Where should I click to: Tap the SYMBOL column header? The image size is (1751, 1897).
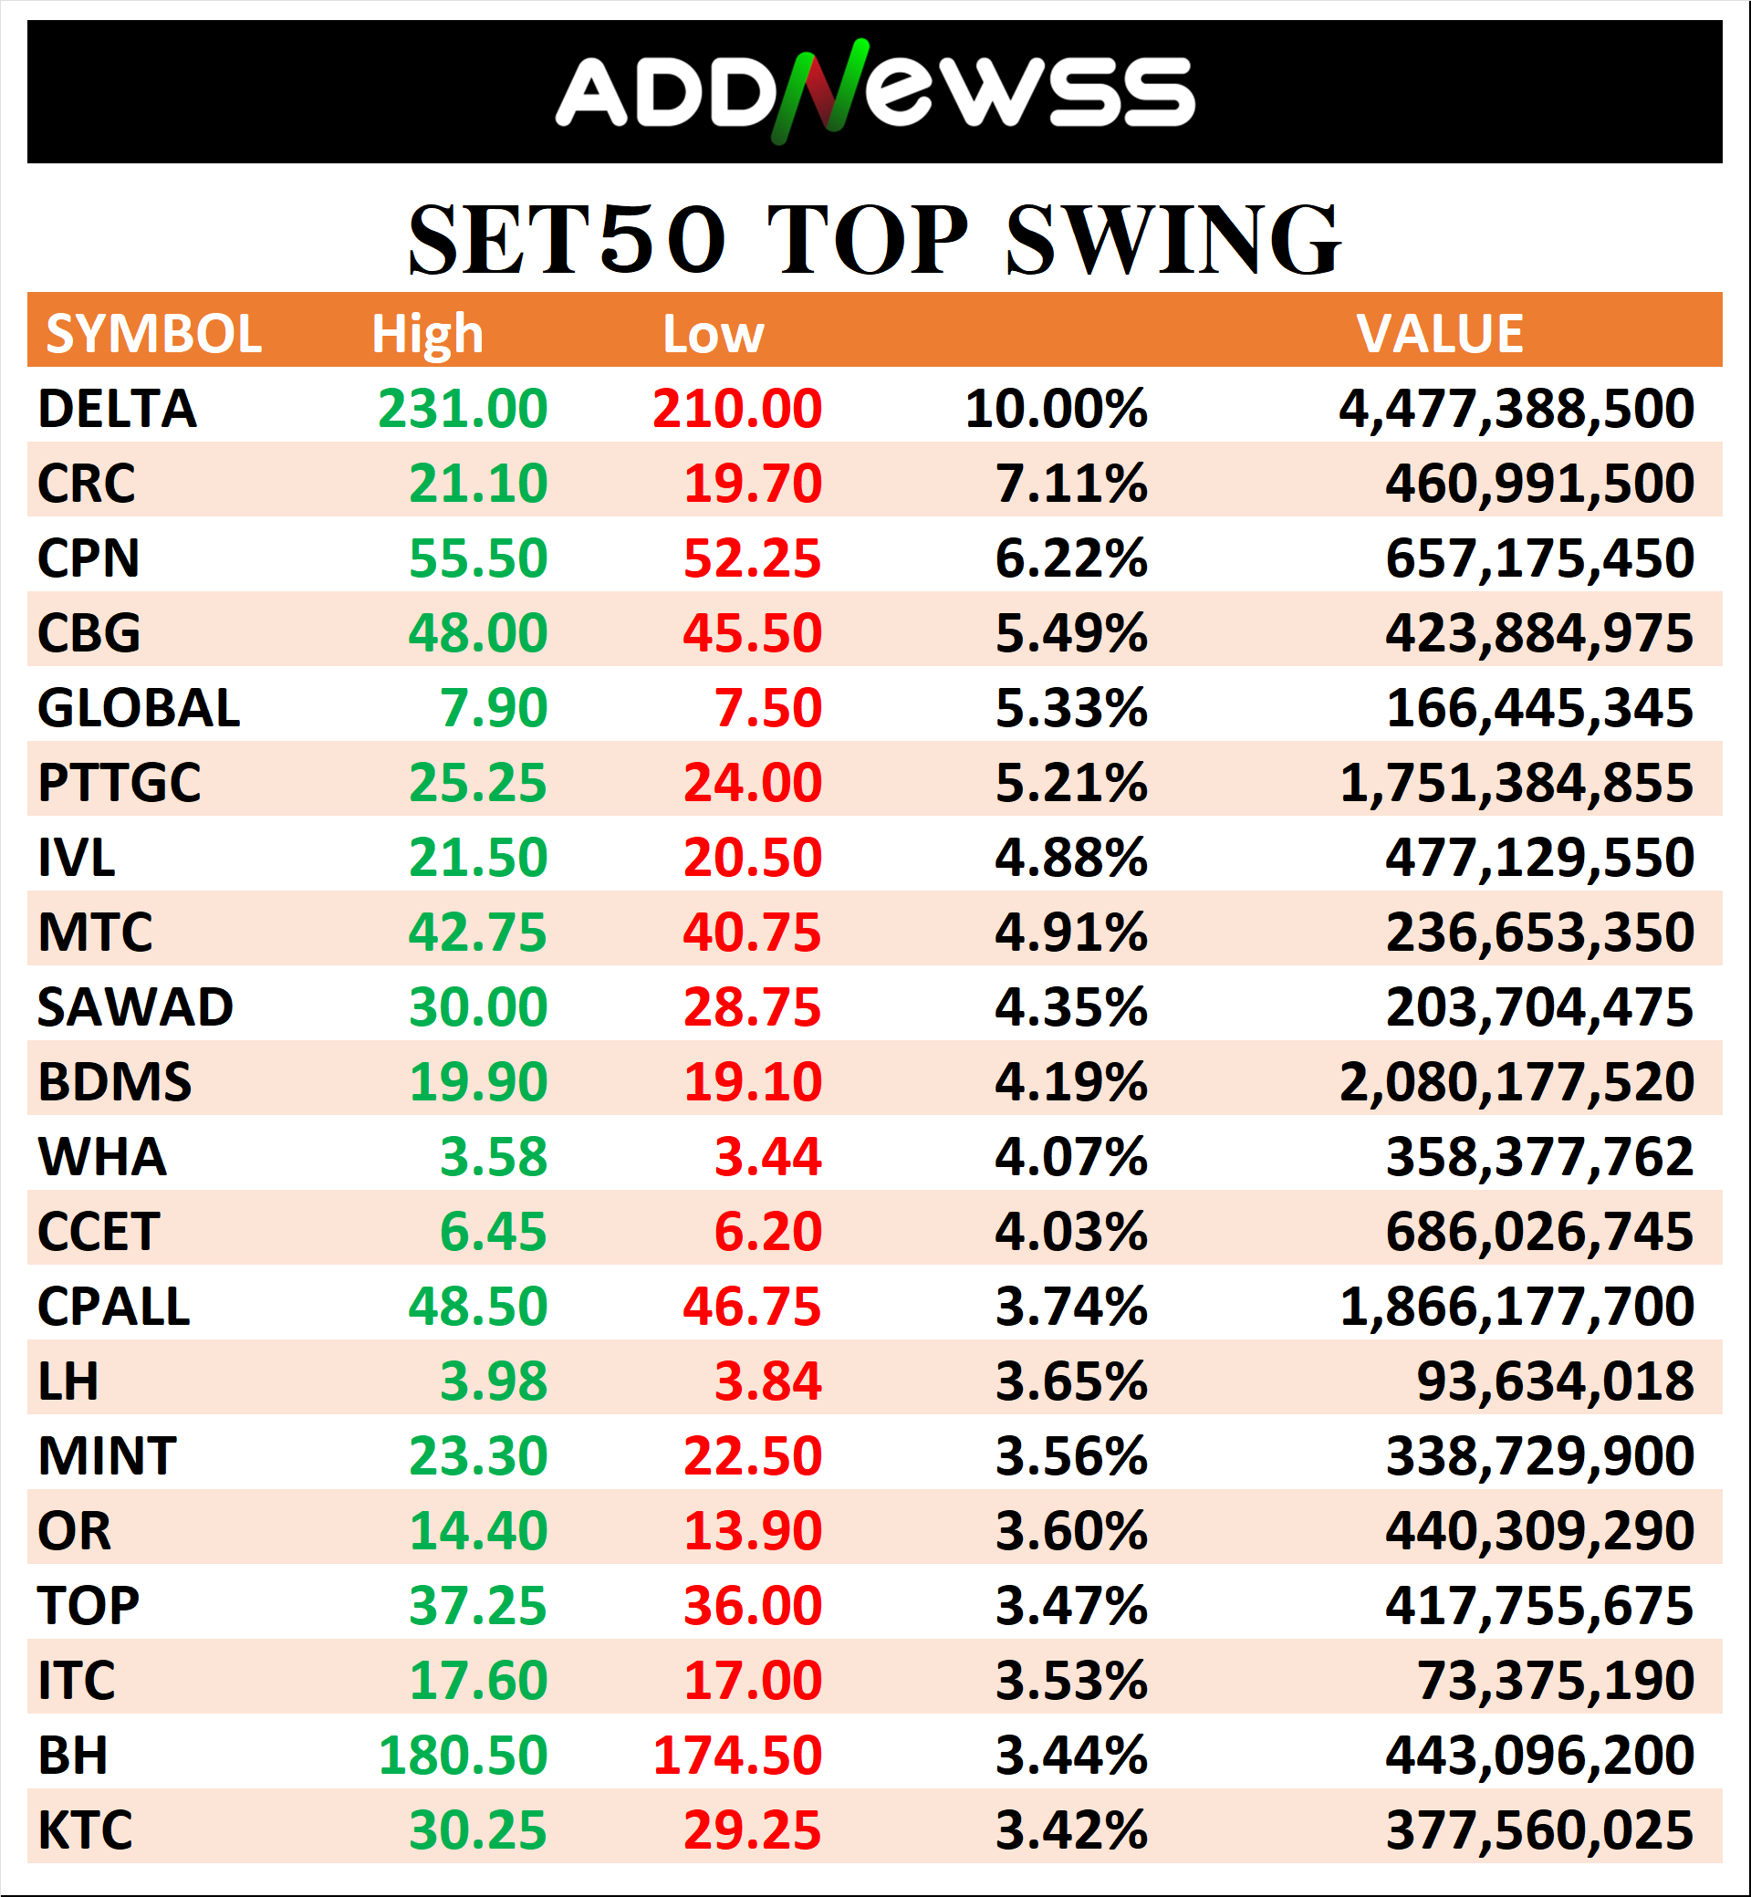pyautogui.click(x=153, y=334)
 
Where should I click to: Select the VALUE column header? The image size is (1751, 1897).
pyautogui.click(x=1439, y=334)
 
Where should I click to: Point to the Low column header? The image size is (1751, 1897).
pyautogui.click(x=713, y=334)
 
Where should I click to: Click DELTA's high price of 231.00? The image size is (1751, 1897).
pyautogui.click(x=463, y=409)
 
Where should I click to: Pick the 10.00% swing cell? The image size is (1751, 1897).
pyautogui.click(x=1056, y=409)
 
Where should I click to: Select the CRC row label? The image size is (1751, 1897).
pyautogui.click(x=86, y=484)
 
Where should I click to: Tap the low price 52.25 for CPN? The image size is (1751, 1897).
pyautogui.click(x=753, y=558)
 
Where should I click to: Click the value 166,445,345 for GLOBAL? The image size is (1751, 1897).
pyautogui.click(x=1538, y=708)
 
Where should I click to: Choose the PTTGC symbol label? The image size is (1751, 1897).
pyautogui.click(x=120, y=783)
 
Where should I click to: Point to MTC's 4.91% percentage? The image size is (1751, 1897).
pyautogui.click(x=1070, y=933)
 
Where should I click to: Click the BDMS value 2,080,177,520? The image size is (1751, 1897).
pyautogui.click(x=1516, y=1082)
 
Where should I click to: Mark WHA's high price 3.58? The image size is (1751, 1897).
pyautogui.click(x=494, y=1157)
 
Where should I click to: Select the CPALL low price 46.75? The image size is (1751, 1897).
pyautogui.click(x=753, y=1307)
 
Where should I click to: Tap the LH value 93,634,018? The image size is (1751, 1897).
pyautogui.click(x=1555, y=1381)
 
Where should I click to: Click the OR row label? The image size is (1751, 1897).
pyautogui.click(x=74, y=1531)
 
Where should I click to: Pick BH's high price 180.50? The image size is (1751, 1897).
pyautogui.click(x=463, y=1756)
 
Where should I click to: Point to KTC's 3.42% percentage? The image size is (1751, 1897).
pyautogui.click(x=1070, y=1830)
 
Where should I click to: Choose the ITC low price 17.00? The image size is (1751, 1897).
pyautogui.click(x=753, y=1681)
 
